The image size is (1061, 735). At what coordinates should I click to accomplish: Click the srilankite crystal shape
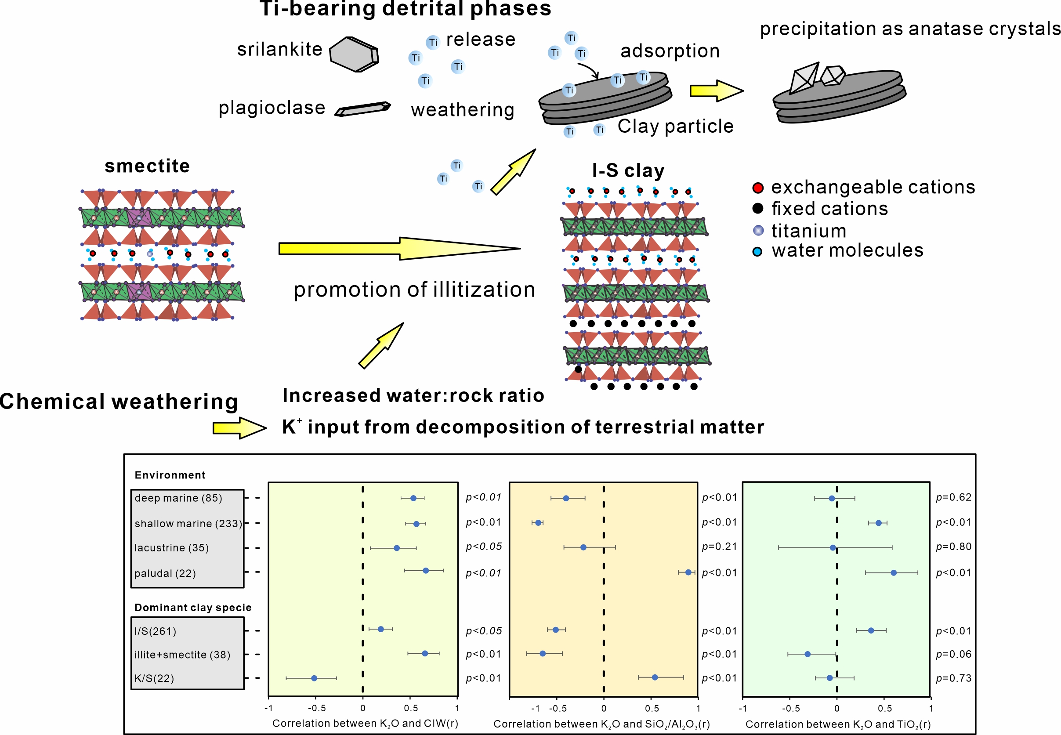pyautogui.click(x=354, y=54)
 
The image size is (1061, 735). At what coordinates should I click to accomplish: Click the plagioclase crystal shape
pyautogui.click(x=363, y=109)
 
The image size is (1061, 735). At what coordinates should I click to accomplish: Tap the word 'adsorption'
pyautogui.click(x=670, y=51)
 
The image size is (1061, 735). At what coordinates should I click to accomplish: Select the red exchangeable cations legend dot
pyautogui.click(x=757, y=188)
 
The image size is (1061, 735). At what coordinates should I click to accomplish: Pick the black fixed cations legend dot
pyautogui.click(x=757, y=209)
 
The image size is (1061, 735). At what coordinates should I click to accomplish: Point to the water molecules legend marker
pyautogui.click(x=757, y=252)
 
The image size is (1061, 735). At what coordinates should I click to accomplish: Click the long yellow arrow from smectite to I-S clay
pyautogui.click(x=399, y=249)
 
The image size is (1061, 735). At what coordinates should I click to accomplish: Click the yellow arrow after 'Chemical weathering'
pyautogui.click(x=239, y=428)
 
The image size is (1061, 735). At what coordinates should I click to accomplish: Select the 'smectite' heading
pyautogui.click(x=147, y=166)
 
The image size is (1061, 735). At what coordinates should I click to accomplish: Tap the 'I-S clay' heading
pyautogui.click(x=628, y=171)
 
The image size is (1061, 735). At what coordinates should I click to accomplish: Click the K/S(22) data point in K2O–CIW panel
pyautogui.click(x=314, y=678)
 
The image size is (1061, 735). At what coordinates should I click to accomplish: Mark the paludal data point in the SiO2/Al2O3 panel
pyautogui.click(x=688, y=572)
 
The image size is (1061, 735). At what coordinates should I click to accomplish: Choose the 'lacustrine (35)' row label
pyautogui.click(x=171, y=547)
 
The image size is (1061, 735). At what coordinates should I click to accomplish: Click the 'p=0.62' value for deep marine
pyautogui.click(x=953, y=497)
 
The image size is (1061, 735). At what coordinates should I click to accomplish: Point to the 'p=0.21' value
pyautogui.click(x=719, y=547)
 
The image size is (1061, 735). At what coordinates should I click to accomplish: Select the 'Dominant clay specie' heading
pyautogui.click(x=192, y=608)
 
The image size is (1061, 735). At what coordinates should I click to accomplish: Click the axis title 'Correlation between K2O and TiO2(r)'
pyautogui.click(x=838, y=724)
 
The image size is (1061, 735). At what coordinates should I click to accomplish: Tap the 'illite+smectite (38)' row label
pyautogui.click(x=182, y=655)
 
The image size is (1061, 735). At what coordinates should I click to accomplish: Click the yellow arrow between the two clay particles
pyautogui.click(x=716, y=91)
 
